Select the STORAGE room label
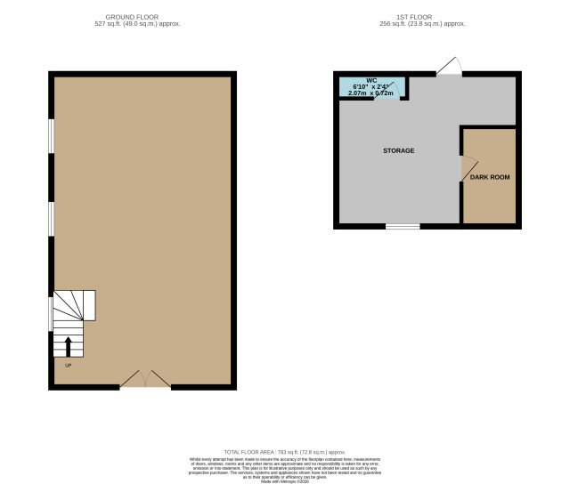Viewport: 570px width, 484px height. (398, 151)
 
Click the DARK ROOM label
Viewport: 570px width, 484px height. (490, 177)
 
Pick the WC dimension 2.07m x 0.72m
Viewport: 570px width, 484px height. (373, 93)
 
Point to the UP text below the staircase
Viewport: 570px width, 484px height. (68, 365)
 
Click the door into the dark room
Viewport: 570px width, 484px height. (469, 167)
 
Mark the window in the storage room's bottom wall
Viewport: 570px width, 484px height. (403, 226)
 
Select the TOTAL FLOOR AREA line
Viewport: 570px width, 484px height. (285, 453)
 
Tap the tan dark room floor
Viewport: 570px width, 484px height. (490, 200)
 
